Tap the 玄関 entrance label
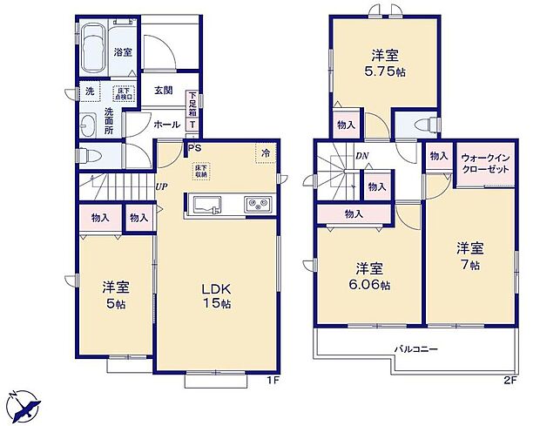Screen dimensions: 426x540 pyautogui.click(x=162, y=91)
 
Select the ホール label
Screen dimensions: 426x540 pyautogui.click(x=166, y=125)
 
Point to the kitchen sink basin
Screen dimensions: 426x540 pyautogui.click(x=208, y=206)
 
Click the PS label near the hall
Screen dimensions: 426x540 pyautogui.click(x=197, y=147)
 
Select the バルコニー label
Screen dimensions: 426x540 pyautogui.click(x=415, y=348)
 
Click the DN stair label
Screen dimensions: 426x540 pyautogui.click(x=361, y=156)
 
